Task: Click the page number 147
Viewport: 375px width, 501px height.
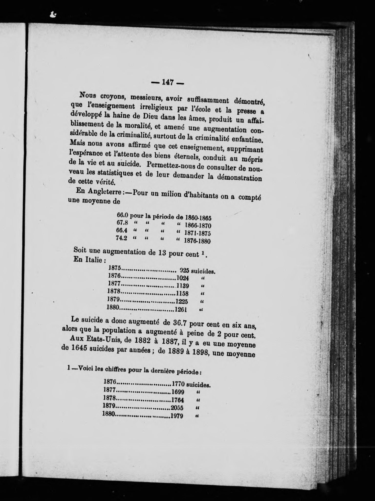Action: pyautogui.click(x=167, y=82)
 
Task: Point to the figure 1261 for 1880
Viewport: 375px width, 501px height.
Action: pyautogui.click(x=181, y=309)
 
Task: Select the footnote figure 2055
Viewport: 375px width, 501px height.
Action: pyautogui.click(x=177, y=408)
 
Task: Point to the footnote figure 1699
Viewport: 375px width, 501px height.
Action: pyautogui.click(x=177, y=392)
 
